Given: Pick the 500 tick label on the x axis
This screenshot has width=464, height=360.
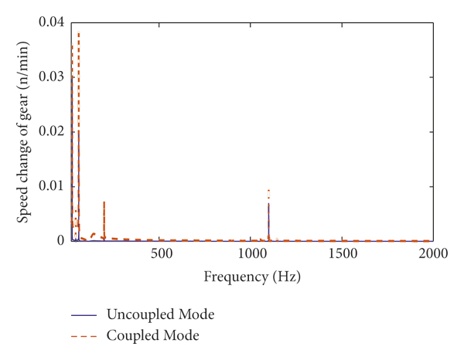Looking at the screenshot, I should pyautogui.click(x=161, y=254).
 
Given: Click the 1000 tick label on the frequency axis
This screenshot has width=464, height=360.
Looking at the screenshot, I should pyautogui.click(x=251, y=254).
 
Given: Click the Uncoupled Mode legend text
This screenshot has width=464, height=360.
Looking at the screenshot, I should pyautogui.click(x=160, y=314).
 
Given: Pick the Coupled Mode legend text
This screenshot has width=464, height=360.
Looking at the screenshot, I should pyautogui.click(x=153, y=335).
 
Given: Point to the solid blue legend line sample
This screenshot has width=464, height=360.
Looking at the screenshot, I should pyautogui.click(x=84, y=315).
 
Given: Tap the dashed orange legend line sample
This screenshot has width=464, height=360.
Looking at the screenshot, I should pyautogui.click(x=84, y=336).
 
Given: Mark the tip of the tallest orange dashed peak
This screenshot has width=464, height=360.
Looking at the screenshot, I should pyautogui.click(x=78, y=32).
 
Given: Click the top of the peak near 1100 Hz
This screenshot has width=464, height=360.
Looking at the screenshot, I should pyautogui.click(x=268, y=189).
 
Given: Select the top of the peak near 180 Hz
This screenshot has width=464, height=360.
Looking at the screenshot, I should pyautogui.click(x=104, y=202).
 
